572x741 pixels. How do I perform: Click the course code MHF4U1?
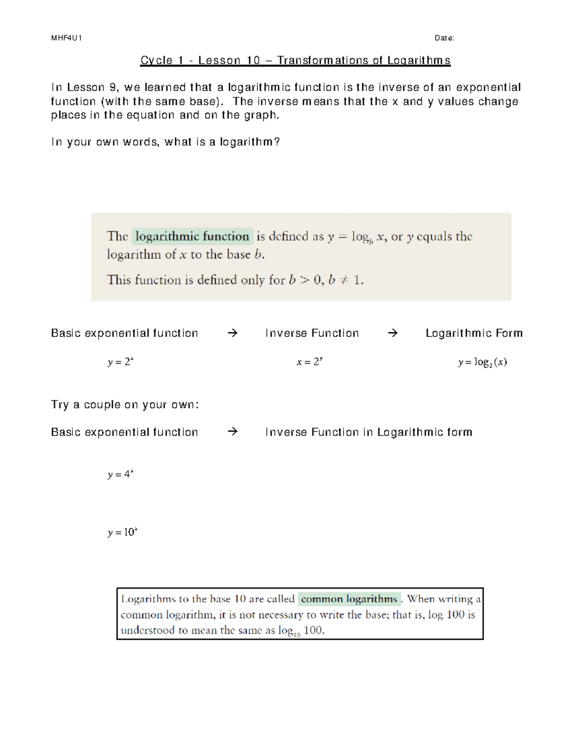pyautogui.click(x=66, y=38)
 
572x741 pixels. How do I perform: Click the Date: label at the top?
pyautogui.click(x=444, y=38)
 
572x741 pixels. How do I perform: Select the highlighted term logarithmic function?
pyautogui.click(x=192, y=236)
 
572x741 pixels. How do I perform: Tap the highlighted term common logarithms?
pyautogui.click(x=349, y=599)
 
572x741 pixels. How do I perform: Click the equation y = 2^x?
pyautogui.click(x=121, y=362)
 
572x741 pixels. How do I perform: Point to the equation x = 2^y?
pyautogui.click(x=310, y=362)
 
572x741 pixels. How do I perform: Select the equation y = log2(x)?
pyautogui.click(x=482, y=362)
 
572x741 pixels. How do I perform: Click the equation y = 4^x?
pyautogui.click(x=121, y=475)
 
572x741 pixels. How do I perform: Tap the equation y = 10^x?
pyautogui.click(x=123, y=532)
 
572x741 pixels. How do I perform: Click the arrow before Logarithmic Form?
pyautogui.click(x=392, y=333)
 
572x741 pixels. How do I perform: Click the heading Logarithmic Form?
pyautogui.click(x=474, y=333)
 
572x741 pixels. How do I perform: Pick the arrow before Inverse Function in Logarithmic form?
pyautogui.click(x=232, y=432)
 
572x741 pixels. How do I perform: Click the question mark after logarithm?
pyautogui.click(x=277, y=142)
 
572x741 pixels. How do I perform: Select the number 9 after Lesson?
pyautogui.click(x=112, y=87)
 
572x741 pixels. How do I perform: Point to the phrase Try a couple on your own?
pyautogui.click(x=124, y=405)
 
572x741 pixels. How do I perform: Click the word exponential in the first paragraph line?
pyautogui.click(x=488, y=87)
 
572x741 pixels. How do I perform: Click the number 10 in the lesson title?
pyautogui.click(x=253, y=61)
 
